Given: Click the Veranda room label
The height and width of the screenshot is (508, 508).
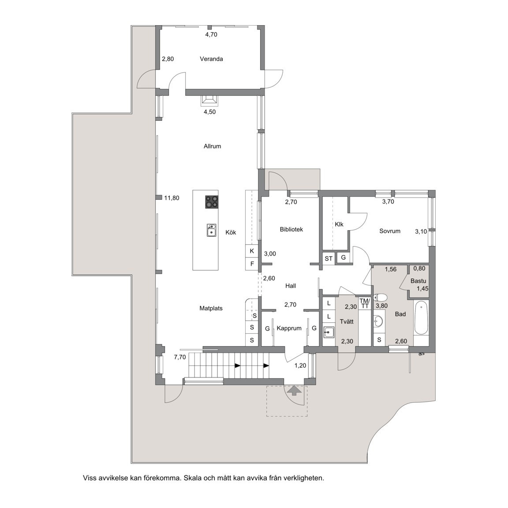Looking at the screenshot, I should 211,59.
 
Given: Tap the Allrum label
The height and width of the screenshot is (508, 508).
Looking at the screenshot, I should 212,146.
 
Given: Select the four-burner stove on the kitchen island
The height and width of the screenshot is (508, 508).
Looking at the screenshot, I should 212,202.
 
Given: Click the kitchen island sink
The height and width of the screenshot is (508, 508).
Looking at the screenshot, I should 212,230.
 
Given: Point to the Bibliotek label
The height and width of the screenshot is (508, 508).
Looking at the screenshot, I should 291,229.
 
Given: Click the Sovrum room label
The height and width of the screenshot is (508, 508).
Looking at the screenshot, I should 390,231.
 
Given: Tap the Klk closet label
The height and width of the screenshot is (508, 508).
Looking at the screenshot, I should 339,224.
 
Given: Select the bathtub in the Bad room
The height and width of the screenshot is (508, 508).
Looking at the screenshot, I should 421,318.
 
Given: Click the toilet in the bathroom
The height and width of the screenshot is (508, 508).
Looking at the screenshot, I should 380,297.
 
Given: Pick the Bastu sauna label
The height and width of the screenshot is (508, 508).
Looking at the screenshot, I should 418,280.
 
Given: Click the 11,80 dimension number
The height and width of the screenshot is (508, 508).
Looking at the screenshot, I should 172,198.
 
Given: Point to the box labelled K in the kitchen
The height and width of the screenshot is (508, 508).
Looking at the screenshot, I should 252,251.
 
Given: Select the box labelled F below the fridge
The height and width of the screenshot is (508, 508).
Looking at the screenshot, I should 252,264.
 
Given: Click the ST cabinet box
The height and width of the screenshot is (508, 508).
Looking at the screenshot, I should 329,259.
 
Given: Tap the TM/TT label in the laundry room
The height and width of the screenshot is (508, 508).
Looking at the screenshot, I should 364,303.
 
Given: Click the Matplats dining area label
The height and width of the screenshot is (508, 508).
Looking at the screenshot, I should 211,308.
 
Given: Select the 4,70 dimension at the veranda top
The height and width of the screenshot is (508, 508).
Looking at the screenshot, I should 212,34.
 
